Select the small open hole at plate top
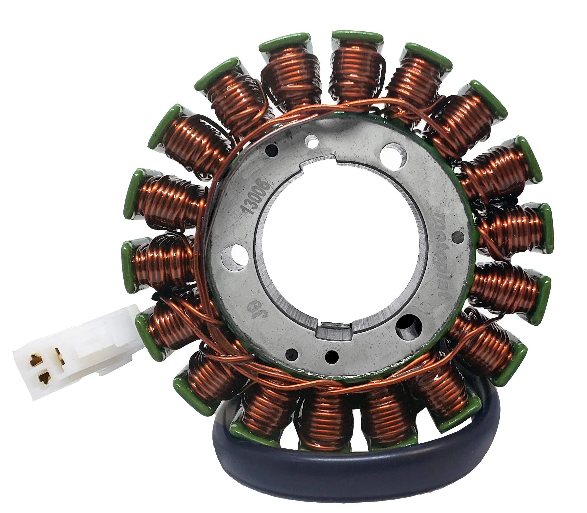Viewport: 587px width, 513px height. [311, 141]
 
